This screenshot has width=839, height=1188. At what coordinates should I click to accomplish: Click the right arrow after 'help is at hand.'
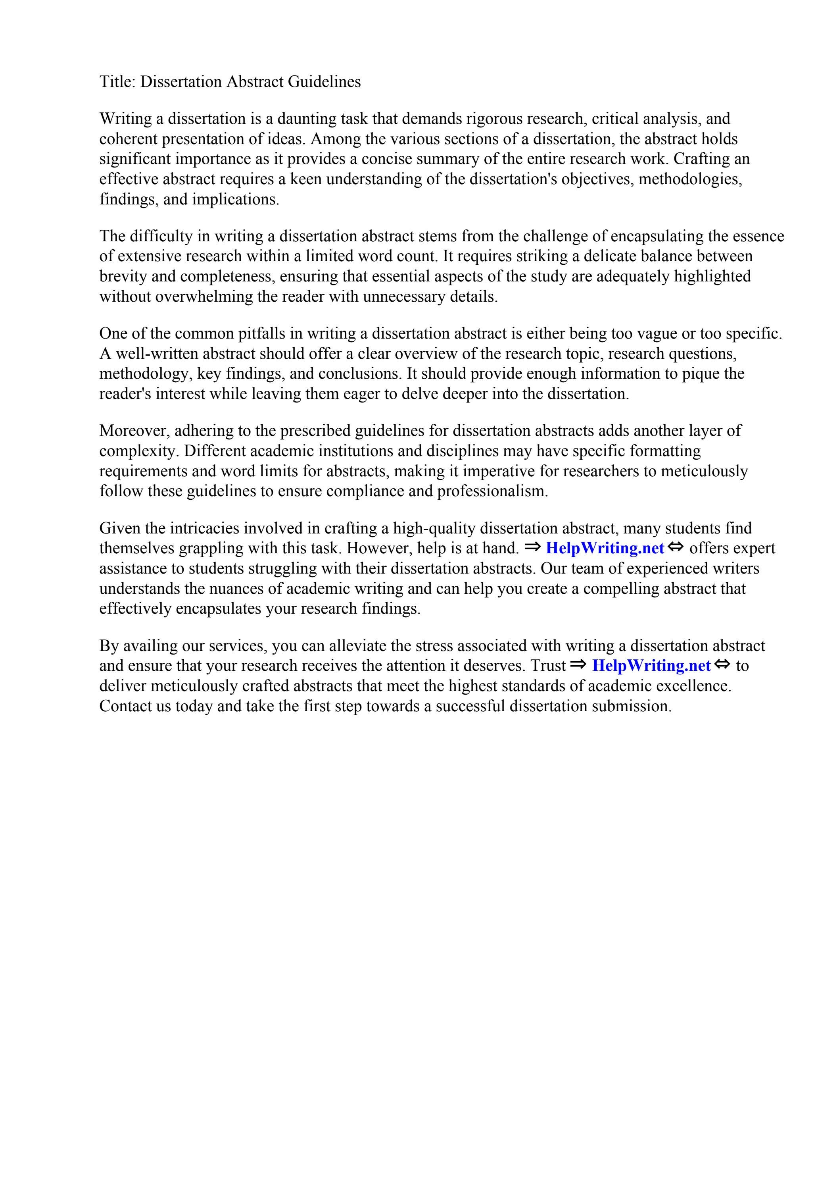532,547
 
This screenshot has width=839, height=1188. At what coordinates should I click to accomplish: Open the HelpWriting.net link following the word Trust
651,666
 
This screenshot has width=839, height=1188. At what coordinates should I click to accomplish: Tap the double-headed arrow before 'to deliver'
722,665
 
